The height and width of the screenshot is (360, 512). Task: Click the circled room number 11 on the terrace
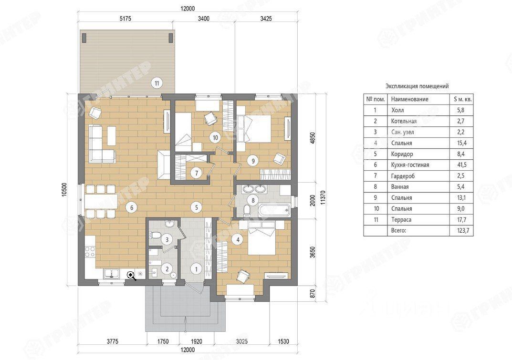(x=157, y=83)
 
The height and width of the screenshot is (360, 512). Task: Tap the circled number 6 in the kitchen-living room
(x=132, y=207)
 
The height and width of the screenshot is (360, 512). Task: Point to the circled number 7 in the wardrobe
(x=196, y=173)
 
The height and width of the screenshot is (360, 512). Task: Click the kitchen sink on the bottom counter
(x=112, y=273)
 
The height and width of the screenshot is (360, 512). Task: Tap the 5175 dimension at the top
(x=125, y=19)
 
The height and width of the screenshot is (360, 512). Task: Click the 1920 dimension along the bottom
(x=196, y=341)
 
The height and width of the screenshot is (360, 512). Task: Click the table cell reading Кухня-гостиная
(x=410, y=165)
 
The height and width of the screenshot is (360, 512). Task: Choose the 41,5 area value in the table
(x=462, y=165)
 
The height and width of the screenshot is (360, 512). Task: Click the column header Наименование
(x=409, y=99)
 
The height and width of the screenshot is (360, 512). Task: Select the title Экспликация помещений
(x=417, y=86)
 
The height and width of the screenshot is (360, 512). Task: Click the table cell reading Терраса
(x=401, y=220)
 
